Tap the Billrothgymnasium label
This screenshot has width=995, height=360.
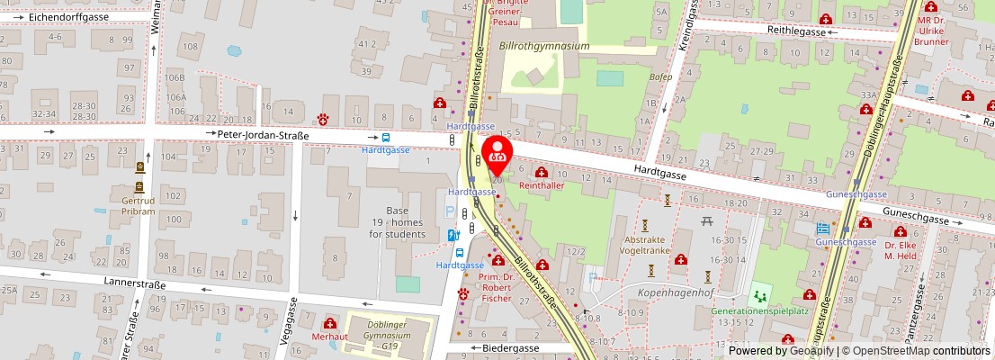tap(543, 46)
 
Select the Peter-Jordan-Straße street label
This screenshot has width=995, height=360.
tap(263, 136)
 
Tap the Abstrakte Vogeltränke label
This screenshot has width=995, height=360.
tap(646, 247)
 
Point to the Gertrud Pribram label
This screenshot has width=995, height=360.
tap(139, 204)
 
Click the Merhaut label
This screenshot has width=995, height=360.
tap(329, 337)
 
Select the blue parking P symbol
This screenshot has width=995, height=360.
tap(450, 212)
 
